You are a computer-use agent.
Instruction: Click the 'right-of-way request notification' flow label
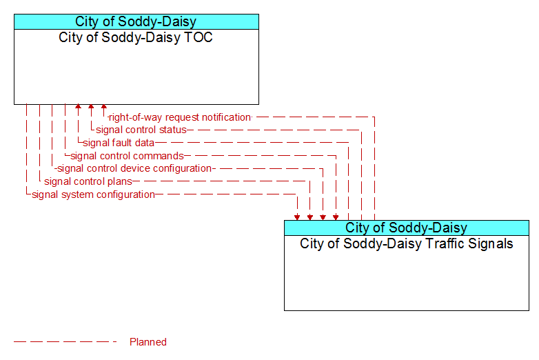point(180,117)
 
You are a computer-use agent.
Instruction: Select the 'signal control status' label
point(141,130)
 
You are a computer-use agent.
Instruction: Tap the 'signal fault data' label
point(119,143)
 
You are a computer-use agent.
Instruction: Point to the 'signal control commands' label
point(128,156)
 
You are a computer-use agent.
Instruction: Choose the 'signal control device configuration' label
point(134,168)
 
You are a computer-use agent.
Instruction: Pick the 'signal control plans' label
point(88,181)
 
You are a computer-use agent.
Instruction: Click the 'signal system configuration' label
point(93,194)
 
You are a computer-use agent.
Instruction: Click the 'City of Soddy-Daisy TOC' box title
point(136,37)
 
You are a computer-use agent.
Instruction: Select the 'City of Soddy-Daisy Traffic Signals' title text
point(406,243)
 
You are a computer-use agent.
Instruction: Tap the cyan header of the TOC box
point(136,21)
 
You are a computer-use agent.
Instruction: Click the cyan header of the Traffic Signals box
point(407,228)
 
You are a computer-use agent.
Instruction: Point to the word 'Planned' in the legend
point(148,342)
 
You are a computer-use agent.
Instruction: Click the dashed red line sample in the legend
point(65,342)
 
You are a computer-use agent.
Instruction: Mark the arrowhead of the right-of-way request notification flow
point(104,107)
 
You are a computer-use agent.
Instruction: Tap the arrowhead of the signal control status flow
point(91,107)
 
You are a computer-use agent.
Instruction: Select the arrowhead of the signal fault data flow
point(79,107)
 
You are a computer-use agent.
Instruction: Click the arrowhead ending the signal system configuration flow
point(297,217)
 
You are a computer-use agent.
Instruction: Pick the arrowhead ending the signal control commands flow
point(336,217)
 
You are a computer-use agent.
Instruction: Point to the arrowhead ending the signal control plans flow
point(310,217)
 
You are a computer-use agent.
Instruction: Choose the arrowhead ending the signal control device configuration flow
point(323,217)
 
